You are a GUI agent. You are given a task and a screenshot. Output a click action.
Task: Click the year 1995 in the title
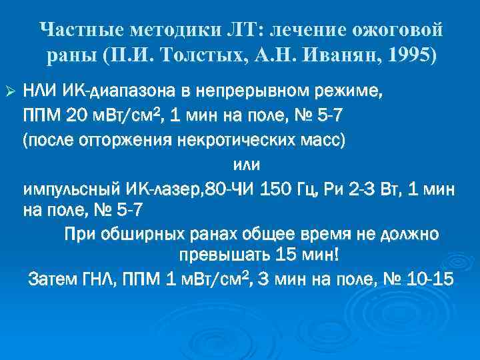[x=409, y=55]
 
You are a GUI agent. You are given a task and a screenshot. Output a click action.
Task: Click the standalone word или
[x=246, y=165]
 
